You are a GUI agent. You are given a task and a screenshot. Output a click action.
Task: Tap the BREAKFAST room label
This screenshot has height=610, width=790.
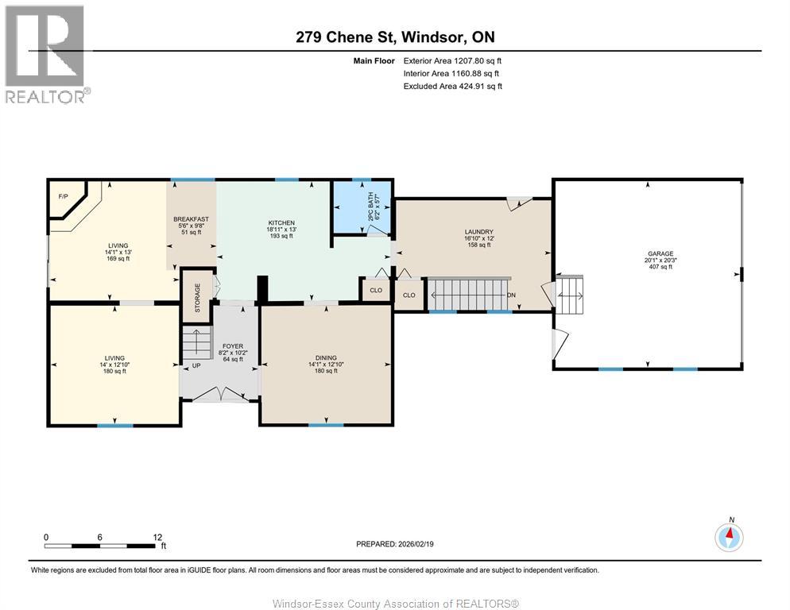pyautogui.click(x=192, y=219)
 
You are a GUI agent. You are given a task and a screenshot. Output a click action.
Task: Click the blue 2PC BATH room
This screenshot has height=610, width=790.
pyautogui.click(x=362, y=207)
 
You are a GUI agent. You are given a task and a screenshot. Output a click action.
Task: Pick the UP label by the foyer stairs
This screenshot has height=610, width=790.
pyautogui.click(x=195, y=365)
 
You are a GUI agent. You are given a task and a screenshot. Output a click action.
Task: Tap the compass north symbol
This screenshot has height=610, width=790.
pyautogui.click(x=729, y=536)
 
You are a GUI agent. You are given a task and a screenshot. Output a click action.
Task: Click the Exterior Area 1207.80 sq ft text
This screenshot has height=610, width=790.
pyautogui.click(x=452, y=60)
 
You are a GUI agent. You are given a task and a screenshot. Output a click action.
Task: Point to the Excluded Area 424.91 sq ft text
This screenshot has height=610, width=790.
pyautogui.click(x=452, y=86)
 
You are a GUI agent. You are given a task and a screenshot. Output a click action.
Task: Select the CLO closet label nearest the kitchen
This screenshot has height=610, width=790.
pyautogui.click(x=376, y=291)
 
